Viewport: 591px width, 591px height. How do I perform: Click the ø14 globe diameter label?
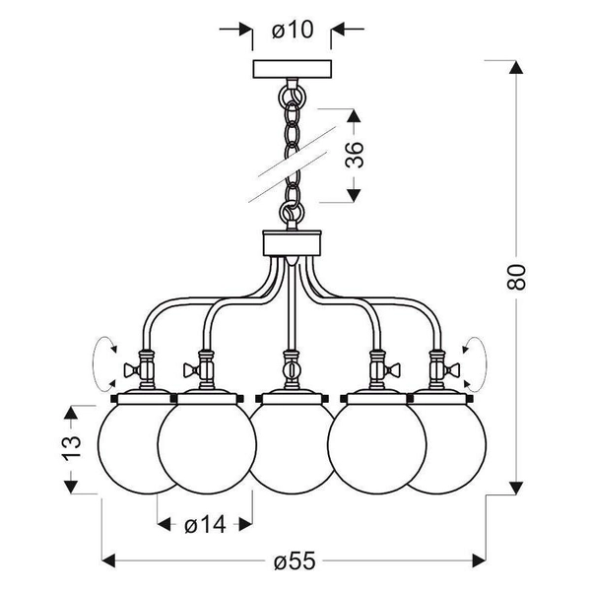[x=205, y=525]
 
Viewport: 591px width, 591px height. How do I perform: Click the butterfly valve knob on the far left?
[x=128, y=371]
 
